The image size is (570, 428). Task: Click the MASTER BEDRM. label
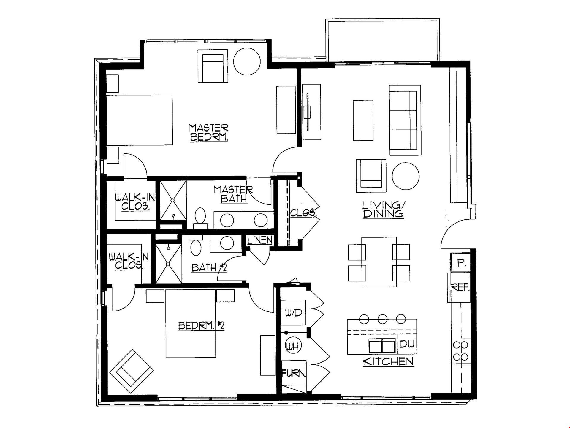pos(209,133)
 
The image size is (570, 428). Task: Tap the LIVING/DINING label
pos(383,209)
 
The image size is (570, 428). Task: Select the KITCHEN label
pos(388,361)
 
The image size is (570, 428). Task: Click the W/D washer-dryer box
pos(293,312)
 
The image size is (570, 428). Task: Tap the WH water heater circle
pos(293,346)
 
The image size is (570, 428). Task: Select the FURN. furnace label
pos(294,373)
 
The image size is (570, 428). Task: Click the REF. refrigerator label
pos(460,287)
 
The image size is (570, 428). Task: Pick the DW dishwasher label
pos(407,344)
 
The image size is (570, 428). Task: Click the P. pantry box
pos(460,262)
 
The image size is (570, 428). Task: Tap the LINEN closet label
pos(260,240)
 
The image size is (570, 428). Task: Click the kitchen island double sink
pos(382,346)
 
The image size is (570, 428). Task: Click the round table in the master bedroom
pos(247,61)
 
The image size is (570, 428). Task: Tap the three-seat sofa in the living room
pos(405,120)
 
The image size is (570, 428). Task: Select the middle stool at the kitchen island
pos(383,319)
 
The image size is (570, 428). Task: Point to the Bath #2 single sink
pos(227,243)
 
